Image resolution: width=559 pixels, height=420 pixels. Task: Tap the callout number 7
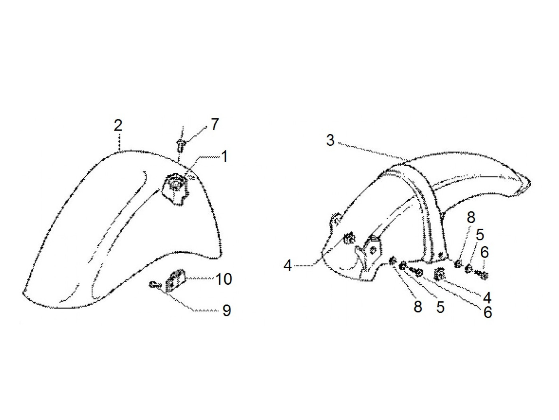pyautogui.click(x=215, y=125)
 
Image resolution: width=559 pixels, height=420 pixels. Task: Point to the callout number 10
pyautogui.click(x=224, y=279)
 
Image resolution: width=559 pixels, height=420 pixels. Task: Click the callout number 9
pyautogui.click(x=226, y=310)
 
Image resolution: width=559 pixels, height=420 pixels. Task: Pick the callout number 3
pyautogui.click(x=330, y=141)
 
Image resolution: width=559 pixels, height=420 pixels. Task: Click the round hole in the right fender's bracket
pyautogui.click(x=373, y=250)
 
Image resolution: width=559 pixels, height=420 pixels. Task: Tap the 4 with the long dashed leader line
pyautogui.click(x=288, y=265)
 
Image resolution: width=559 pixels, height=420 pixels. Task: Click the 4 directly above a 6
pyautogui.click(x=487, y=297)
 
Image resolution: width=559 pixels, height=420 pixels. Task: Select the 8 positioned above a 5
pyautogui.click(x=471, y=218)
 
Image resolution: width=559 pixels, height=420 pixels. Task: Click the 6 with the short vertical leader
pyautogui.click(x=484, y=252)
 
